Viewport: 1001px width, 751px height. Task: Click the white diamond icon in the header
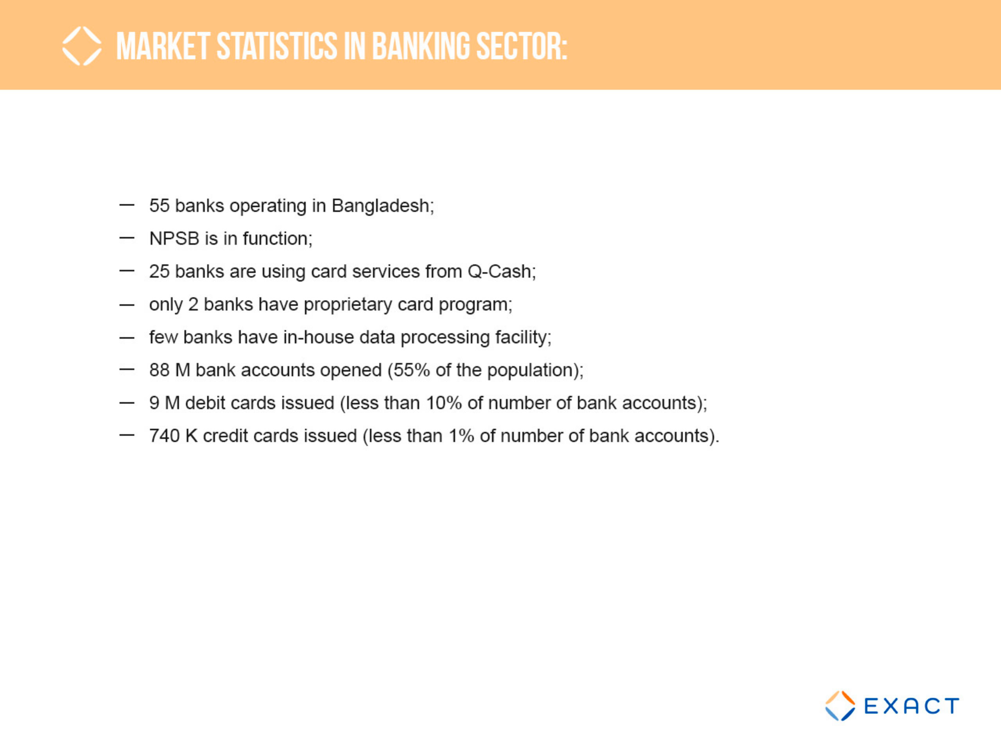(x=82, y=46)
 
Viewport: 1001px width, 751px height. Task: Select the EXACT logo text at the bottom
(x=911, y=706)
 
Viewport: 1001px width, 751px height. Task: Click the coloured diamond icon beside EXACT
(x=840, y=706)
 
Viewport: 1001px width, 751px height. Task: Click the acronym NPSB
(x=174, y=239)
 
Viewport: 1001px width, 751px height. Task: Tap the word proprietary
(x=348, y=305)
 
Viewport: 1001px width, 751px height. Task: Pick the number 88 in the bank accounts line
(x=159, y=370)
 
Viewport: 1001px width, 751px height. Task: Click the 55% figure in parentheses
(x=411, y=370)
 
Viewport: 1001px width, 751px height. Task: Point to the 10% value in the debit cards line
(x=443, y=403)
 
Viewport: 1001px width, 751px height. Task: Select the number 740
(x=165, y=436)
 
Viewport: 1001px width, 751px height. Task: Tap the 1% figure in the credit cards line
(x=461, y=436)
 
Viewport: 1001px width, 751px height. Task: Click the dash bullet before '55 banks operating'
(x=127, y=205)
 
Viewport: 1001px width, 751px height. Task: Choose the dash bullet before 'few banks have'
(x=127, y=337)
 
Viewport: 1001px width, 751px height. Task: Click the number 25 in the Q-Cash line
(x=159, y=271)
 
